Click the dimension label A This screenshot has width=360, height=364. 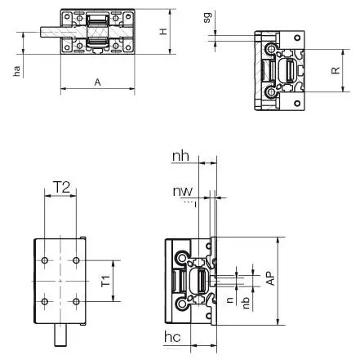coord(97,82)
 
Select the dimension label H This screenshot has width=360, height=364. coord(163,32)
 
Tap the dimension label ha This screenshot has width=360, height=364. coord(17,71)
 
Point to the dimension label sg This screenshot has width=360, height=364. coord(207,17)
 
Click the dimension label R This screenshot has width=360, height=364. coord(336,70)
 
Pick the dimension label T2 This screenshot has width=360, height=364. coord(62,187)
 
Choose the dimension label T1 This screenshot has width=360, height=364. coord(106,281)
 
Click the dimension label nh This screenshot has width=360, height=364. coord(180,156)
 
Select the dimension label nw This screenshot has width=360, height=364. coord(183,191)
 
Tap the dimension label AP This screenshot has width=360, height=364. coord(271,278)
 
